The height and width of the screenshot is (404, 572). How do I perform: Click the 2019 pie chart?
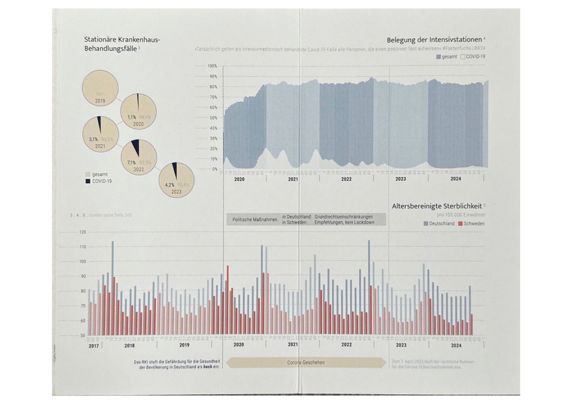pyautogui.click(x=100, y=88)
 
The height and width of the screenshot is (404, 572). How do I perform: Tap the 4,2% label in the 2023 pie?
pyautogui.click(x=169, y=185)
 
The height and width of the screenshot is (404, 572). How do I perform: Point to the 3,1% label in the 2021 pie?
pyautogui.click(x=93, y=139)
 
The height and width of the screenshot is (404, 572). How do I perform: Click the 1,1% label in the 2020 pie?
pyautogui.click(x=131, y=117)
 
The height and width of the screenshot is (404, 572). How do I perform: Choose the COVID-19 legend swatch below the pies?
pyautogui.click(x=88, y=181)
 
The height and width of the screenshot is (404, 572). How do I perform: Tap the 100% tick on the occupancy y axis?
pyautogui.click(x=212, y=66)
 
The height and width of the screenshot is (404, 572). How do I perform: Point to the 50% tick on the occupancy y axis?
pyautogui.click(x=213, y=118)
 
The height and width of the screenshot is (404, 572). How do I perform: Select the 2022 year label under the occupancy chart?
pyautogui.click(x=346, y=179)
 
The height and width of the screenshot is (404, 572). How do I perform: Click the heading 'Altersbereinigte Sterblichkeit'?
pyautogui.click(x=437, y=206)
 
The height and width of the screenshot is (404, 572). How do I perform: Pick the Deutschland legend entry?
pyautogui.click(x=439, y=224)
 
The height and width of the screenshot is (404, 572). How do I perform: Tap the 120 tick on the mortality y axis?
pyautogui.click(x=83, y=232)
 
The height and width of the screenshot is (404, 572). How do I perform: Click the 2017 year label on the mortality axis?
pyautogui.click(x=94, y=346)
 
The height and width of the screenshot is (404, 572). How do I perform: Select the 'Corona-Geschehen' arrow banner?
pyautogui.click(x=306, y=363)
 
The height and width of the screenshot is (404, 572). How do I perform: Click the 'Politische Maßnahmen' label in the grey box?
pyautogui.click(x=255, y=220)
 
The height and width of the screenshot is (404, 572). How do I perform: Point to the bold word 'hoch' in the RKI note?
pyautogui.click(x=208, y=367)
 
